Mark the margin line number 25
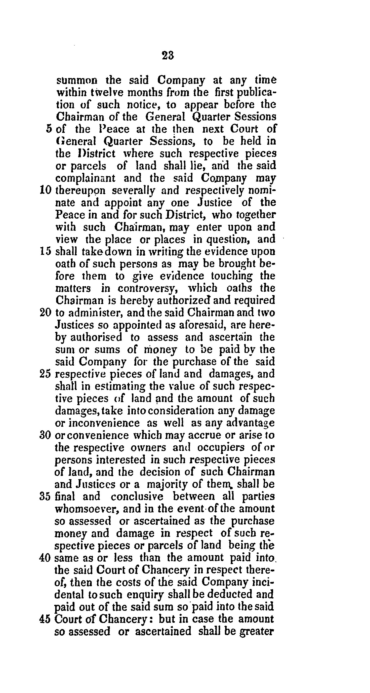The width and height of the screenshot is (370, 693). coord(45,374)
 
